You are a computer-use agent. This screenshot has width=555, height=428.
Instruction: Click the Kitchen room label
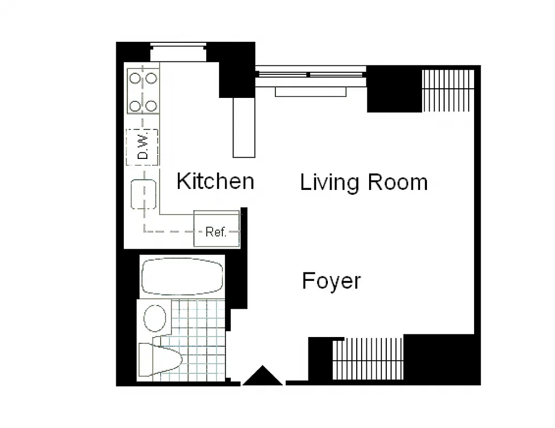215,181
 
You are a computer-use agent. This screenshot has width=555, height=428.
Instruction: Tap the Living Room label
364,182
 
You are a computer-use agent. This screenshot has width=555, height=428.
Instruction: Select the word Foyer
331,281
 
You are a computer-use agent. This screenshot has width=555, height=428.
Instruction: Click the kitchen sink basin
144,194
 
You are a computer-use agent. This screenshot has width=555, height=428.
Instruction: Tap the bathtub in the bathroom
182,277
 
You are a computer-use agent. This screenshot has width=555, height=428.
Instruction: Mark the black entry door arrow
262,376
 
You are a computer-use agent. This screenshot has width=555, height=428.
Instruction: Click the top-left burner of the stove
135,78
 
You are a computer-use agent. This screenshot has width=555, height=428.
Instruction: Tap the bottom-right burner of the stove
152,105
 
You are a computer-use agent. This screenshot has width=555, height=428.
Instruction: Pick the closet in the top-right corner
448,90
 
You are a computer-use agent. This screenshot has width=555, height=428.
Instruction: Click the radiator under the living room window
310,92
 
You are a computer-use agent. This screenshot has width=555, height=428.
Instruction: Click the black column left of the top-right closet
394,89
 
